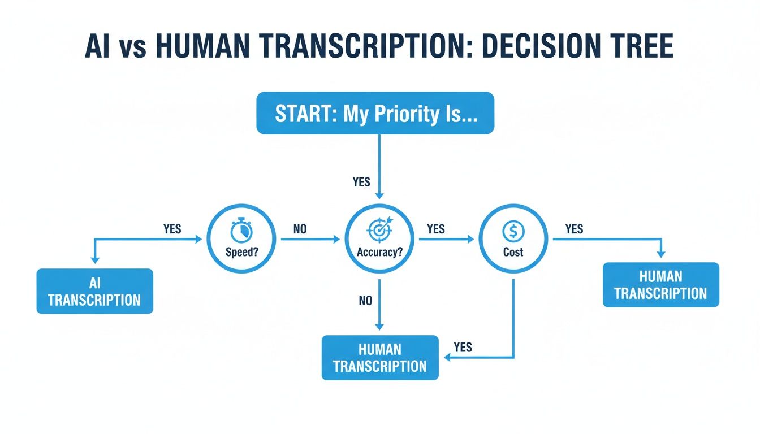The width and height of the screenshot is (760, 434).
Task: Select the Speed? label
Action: coord(241,252)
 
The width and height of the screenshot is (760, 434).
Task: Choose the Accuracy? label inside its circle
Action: coord(379,252)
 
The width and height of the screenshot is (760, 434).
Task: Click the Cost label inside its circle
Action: coord(513,252)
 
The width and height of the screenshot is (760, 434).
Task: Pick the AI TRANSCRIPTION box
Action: coord(94,291)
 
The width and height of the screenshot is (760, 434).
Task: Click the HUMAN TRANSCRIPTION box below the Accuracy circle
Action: coord(380,358)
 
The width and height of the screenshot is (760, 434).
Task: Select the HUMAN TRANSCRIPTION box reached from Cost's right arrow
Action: coord(660,285)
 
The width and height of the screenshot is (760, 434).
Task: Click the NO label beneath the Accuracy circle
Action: coord(366,301)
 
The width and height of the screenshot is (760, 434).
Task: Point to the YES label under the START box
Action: coord(361,181)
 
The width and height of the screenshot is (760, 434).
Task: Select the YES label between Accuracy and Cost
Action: coord(436,229)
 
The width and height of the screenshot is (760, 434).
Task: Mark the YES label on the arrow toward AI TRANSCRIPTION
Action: coord(172,229)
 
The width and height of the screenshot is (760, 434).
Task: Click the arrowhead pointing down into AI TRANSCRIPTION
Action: coord(94,260)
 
